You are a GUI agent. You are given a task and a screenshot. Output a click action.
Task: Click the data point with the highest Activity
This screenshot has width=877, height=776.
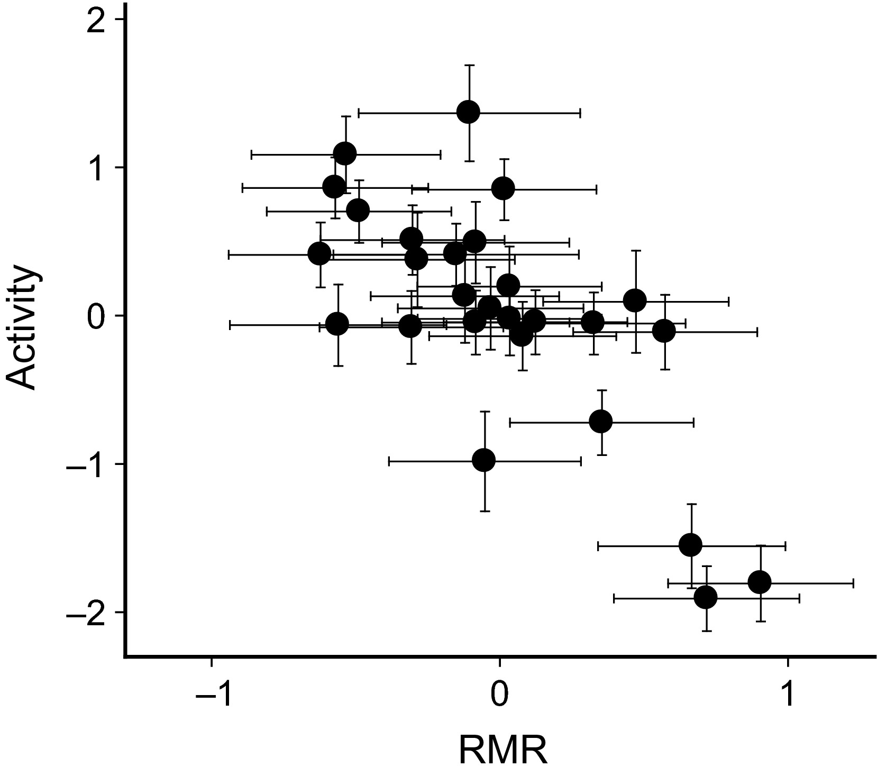point(469,112)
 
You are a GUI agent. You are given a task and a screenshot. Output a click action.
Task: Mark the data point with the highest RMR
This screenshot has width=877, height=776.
point(760,582)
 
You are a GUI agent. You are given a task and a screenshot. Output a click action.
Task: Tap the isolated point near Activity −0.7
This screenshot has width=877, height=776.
point(600,422)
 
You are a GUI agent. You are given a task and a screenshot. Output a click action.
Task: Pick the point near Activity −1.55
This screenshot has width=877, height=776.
point(690,545)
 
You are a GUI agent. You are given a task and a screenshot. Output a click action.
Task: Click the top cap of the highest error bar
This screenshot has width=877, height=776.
point(469,65)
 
